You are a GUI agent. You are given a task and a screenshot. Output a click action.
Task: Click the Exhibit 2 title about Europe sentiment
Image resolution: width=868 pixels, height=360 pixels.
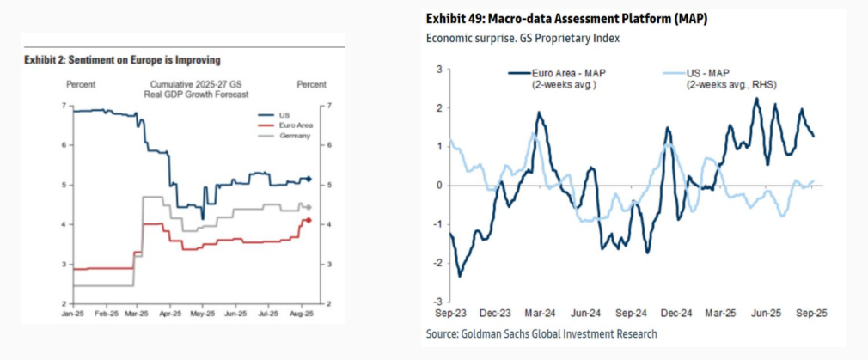point(123,60)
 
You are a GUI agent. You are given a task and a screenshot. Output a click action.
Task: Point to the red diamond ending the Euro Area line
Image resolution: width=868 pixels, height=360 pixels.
point(309,220)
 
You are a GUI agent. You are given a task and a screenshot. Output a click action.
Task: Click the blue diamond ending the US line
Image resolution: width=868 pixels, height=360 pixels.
point(309,180)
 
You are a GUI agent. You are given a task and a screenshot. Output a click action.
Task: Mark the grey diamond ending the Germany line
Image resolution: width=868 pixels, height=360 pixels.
point(309,207)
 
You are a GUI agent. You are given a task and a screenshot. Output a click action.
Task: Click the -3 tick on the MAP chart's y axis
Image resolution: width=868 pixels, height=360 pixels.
point(437,302)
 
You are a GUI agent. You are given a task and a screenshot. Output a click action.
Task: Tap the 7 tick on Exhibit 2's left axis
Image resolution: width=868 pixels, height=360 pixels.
point(64,106)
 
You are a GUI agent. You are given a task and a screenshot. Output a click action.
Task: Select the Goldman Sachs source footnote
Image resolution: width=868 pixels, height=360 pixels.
point(542,333)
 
